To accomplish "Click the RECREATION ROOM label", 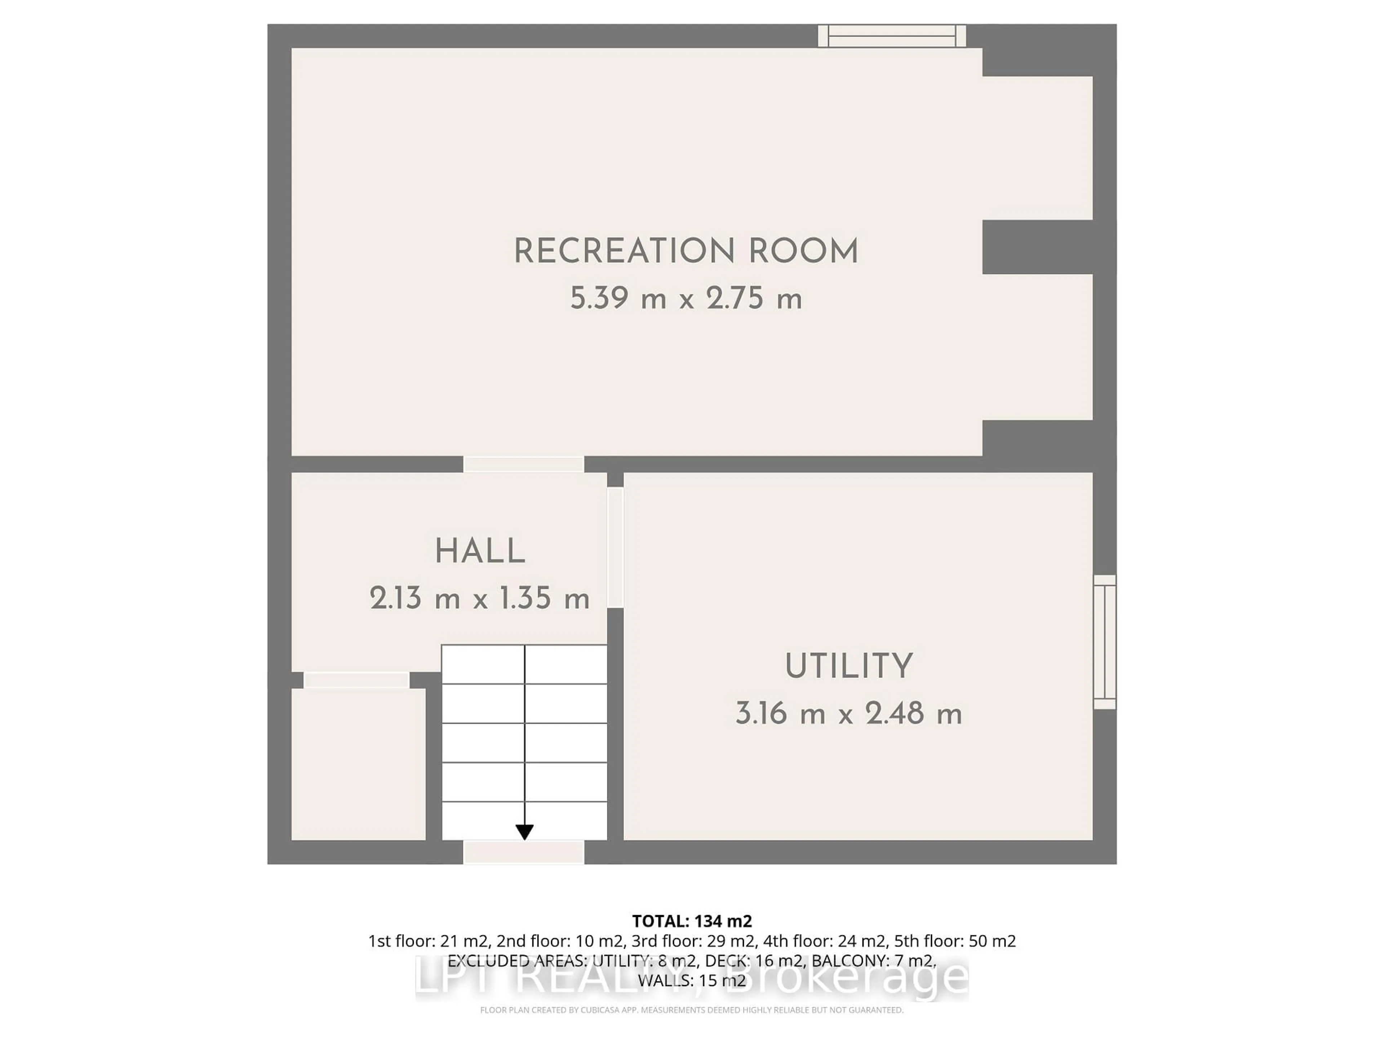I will point(686,252).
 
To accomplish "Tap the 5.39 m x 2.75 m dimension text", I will point(686,298).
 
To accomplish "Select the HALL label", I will point(480,552).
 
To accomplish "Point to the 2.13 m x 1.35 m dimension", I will point(480,599).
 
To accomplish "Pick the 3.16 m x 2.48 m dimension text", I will point(849,713).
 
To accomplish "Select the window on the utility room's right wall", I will point(1104,642).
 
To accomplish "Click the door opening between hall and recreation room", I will point(524,464).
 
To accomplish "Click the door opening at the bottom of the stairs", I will point(524,852).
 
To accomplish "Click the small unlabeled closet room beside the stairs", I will point(359,764).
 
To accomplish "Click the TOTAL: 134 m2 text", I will point(692,921).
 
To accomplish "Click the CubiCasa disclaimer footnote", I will point(692,1010).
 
